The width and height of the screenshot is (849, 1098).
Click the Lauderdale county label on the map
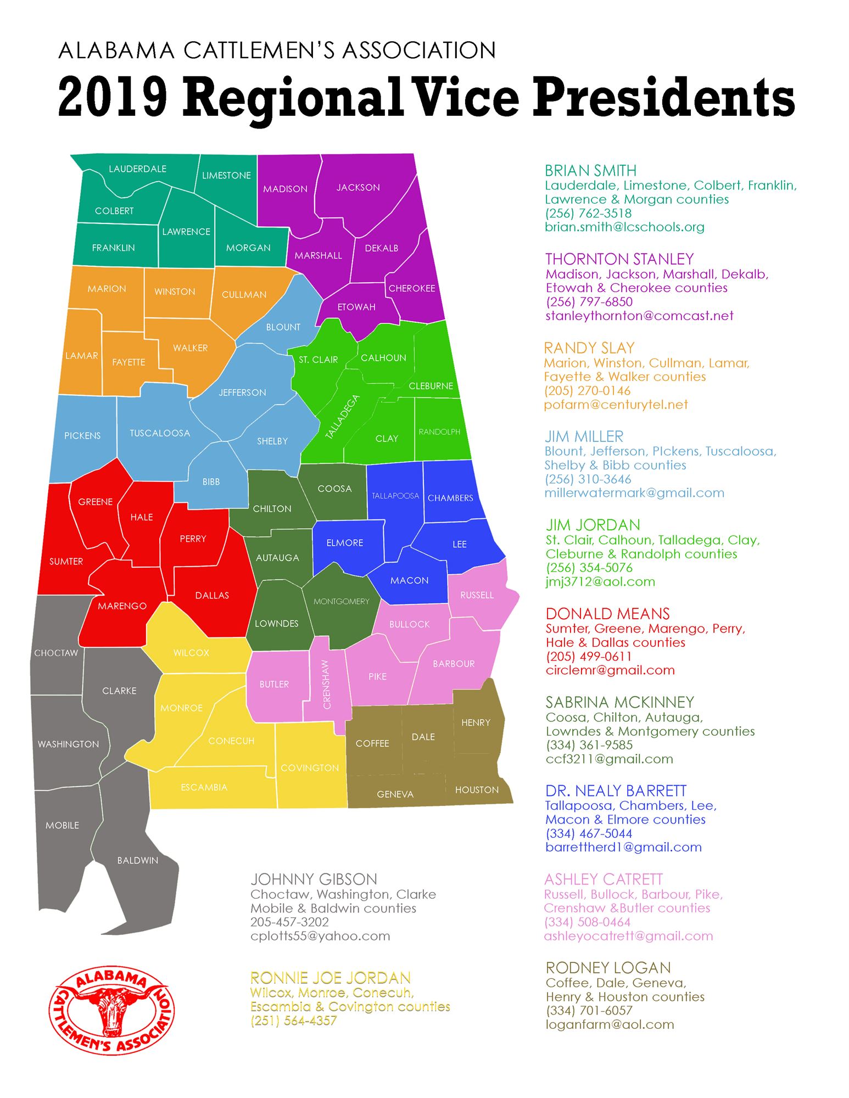(x=137, y=169)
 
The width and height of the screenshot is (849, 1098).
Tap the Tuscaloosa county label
(x=160, y=433)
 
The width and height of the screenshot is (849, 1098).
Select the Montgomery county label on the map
(x=342, y=601)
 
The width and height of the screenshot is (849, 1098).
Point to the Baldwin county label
(x=137, y=860)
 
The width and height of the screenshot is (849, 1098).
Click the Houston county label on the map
(x=477, y=789)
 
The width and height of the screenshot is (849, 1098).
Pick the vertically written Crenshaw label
(x=327, y=684)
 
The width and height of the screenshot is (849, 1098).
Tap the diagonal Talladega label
(x=342, y=417)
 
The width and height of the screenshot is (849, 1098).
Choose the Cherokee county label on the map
(x=412, y=288)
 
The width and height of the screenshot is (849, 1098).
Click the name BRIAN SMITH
(x=590, y=171)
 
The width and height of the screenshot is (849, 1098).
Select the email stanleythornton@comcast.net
(x=639, y=316)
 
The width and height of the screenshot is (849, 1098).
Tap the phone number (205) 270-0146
(x=587, y=391)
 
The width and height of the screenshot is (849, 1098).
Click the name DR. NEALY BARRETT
(x=616, y=791)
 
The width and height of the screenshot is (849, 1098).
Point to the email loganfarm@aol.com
(x=610, y=1024)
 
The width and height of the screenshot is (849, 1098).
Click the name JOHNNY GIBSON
(x=314, y=879)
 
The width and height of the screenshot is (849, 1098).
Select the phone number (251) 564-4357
(x=294, y=1021)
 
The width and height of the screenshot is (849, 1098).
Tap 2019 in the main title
(x=113, y=97)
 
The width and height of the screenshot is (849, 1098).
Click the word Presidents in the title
(x=663, y=97)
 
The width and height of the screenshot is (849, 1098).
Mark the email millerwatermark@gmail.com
(x=634, y=493)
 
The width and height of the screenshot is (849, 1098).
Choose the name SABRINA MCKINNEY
(x=620, y=702)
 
